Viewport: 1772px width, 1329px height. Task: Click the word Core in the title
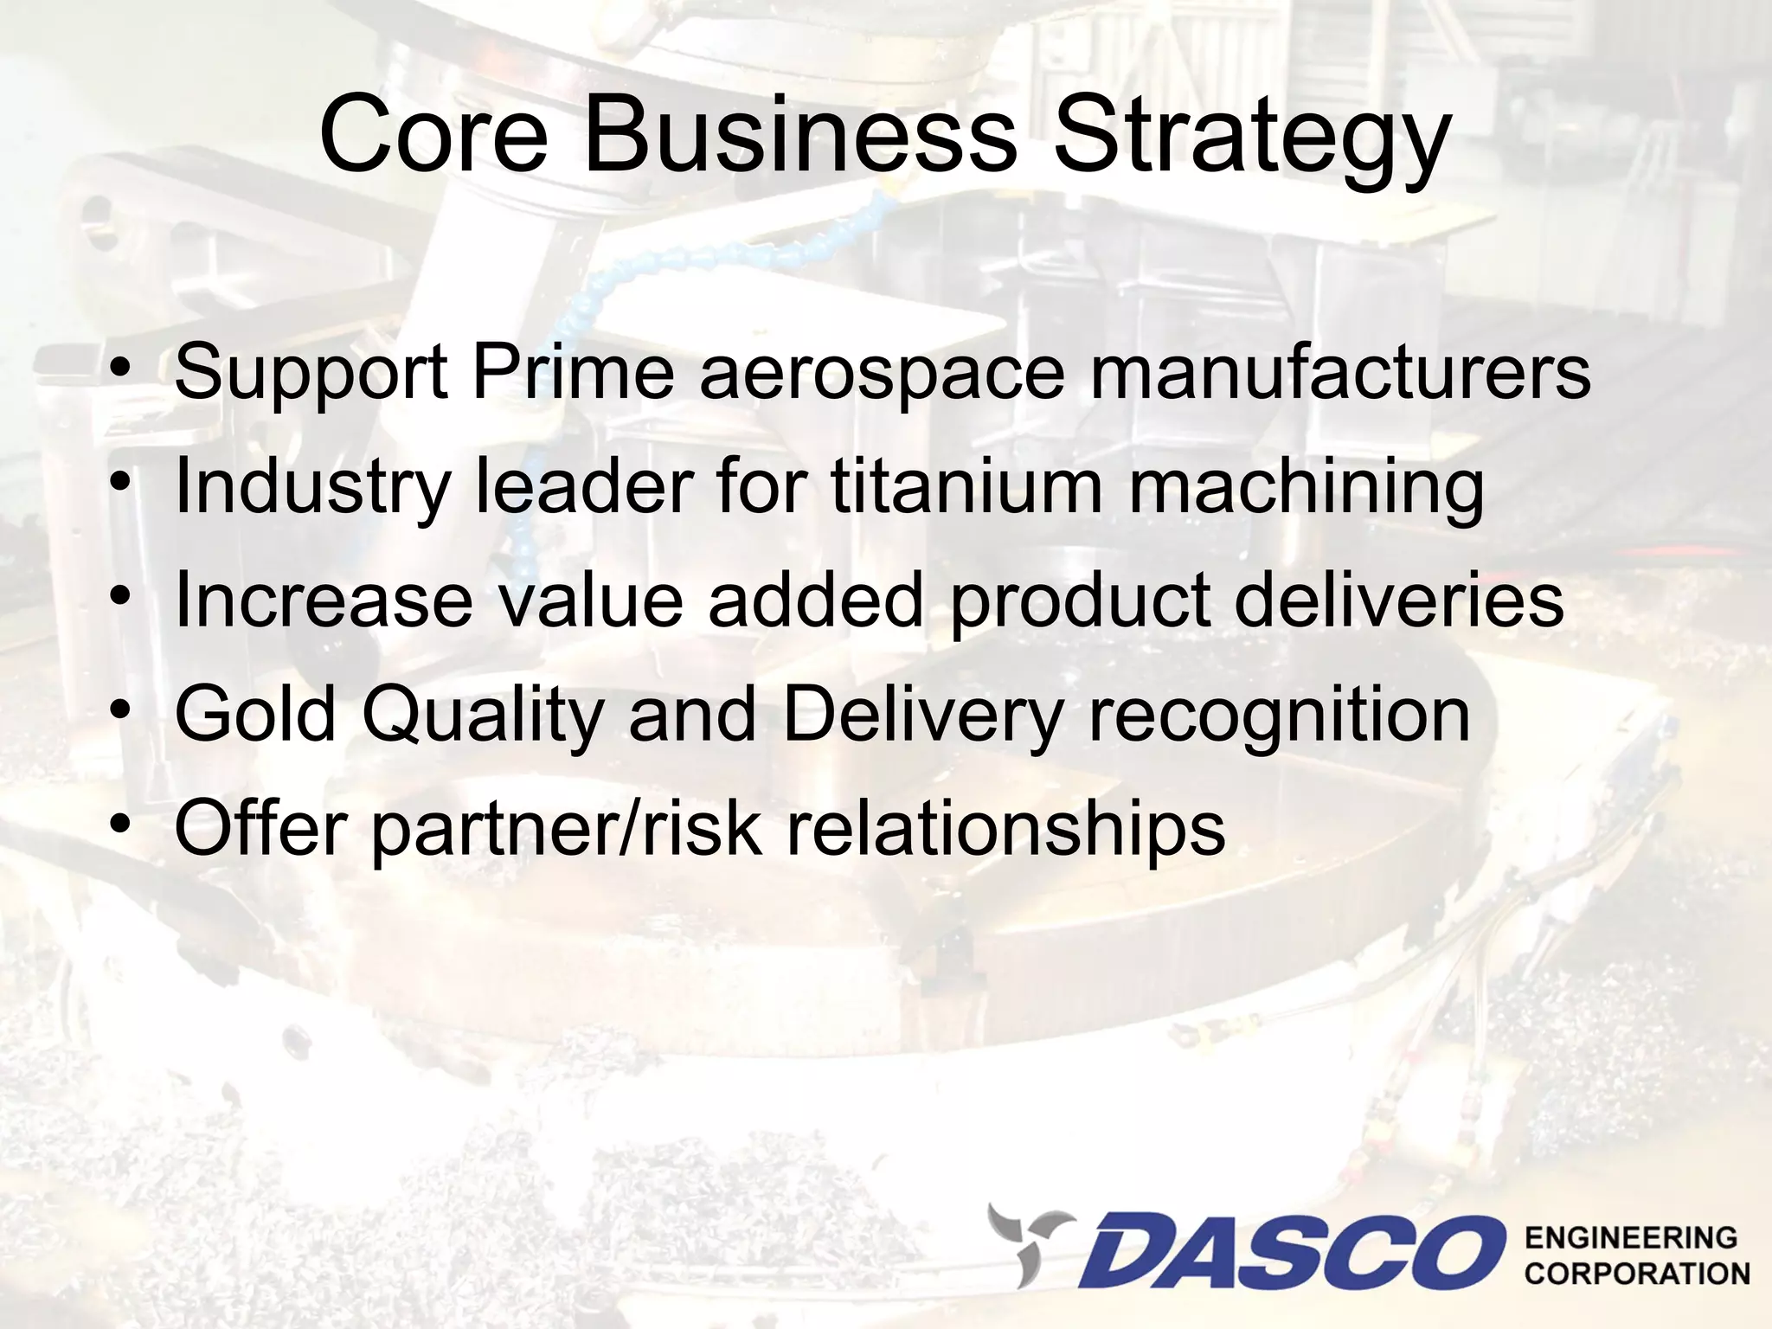[433, 137]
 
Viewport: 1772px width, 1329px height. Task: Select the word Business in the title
[799, 137]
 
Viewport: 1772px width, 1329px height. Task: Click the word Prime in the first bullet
[572, 372]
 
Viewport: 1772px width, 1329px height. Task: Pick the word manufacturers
[1339, 372]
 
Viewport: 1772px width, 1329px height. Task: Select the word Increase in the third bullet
[323, 600]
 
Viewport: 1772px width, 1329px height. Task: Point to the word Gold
[254, 715]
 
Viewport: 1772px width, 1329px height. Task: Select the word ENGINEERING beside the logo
[1631, 1237]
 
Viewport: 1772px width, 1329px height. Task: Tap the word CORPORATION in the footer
[1636, 1274]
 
